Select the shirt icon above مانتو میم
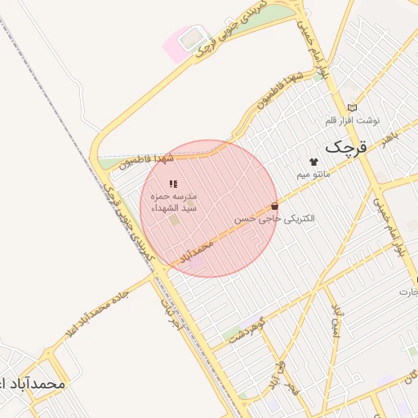click(x=313, y=162)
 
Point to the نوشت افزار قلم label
click(x=352, y=121)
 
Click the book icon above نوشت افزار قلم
click(x=352, y=107)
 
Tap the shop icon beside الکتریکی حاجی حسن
click(x=273, y=207)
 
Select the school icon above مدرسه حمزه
click(x=172, y=184)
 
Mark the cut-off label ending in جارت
click(x=408, y=291)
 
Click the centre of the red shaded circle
click(x=209, y=209)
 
